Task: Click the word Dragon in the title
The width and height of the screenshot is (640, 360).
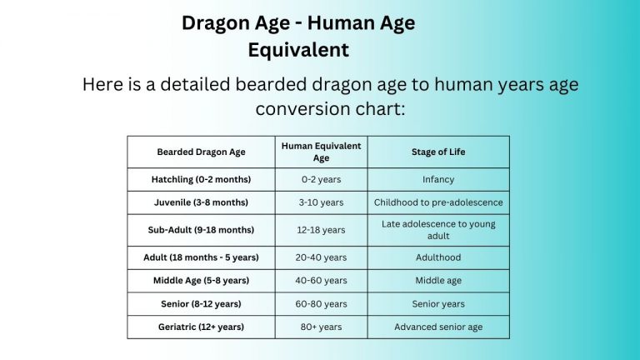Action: (215, 23)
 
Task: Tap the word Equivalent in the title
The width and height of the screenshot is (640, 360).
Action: (298, 49)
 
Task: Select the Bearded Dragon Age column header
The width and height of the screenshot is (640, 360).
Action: (201, 152)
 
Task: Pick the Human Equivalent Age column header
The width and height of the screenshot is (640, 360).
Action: (321, 152)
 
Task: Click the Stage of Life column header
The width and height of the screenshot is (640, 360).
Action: (438, 152)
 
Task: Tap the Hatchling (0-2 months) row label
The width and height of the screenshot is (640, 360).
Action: (201, 179)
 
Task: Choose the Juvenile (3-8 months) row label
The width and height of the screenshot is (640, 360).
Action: (201, 202)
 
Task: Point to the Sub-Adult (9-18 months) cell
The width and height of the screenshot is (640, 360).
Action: (201, 230)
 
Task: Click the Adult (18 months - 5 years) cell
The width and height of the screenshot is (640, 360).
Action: (201, 257)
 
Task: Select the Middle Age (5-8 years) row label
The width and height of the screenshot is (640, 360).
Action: (201, 281)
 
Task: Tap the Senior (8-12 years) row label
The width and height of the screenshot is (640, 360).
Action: (201, 304)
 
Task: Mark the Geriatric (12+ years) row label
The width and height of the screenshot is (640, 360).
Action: (201, 327)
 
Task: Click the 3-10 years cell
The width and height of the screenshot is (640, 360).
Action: (321, 202)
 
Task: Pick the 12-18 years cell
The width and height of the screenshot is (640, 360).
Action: (321, 230)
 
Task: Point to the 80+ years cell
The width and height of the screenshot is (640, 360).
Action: (321, 327)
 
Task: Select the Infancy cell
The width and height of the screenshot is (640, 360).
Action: (438, 179)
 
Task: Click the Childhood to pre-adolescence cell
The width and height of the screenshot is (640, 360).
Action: (438, 202)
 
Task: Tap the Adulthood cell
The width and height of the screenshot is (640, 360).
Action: (438, 257)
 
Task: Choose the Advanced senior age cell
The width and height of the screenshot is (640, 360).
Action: (438, 327)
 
